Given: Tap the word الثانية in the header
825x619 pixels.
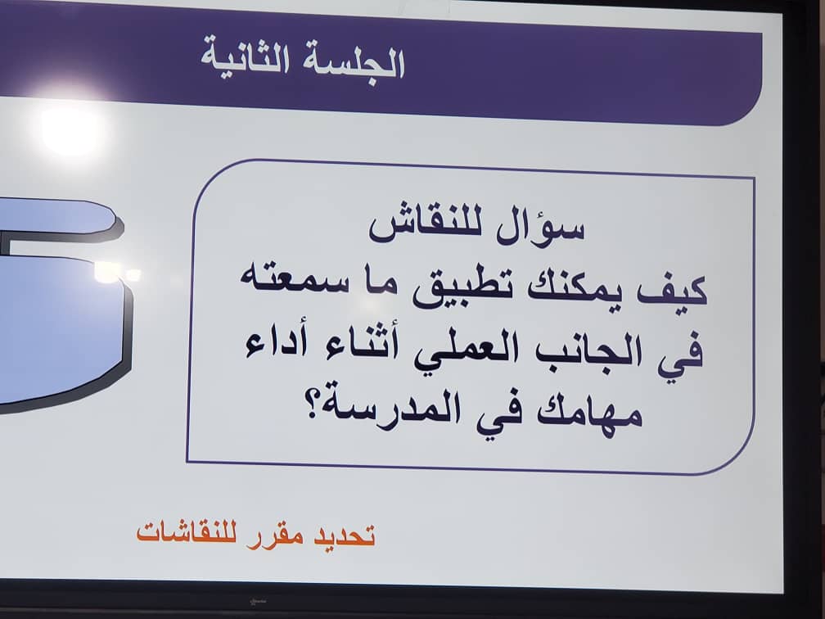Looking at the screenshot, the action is [x=245, y=59].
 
